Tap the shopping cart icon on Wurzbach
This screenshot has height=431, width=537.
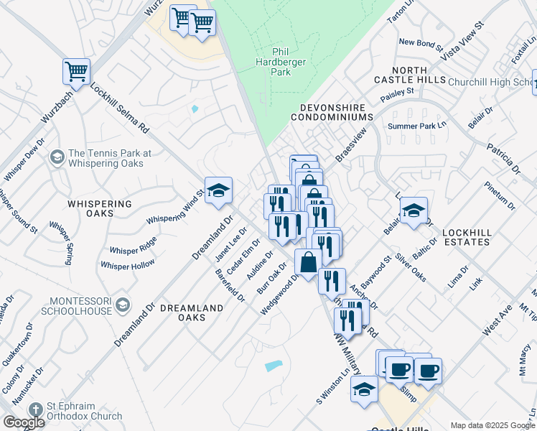(x=76, y=71)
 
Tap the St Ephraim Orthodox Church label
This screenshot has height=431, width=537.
(x=85, y=410)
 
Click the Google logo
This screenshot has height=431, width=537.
(x=24, y=422)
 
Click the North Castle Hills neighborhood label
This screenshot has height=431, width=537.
(x=409, y=75)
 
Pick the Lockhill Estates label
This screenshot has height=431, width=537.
(x=465, y=237)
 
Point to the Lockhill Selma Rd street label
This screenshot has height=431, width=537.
(x=120, y=108)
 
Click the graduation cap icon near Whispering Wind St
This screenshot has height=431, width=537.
(x=218, y=190)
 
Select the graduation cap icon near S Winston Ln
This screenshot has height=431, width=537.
(x=364, y=389)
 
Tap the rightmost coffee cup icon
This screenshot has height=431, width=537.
(x=428, y=371)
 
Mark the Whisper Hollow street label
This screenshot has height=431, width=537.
(x=128, y=265)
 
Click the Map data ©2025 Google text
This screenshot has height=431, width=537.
(x=492, y=425)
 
